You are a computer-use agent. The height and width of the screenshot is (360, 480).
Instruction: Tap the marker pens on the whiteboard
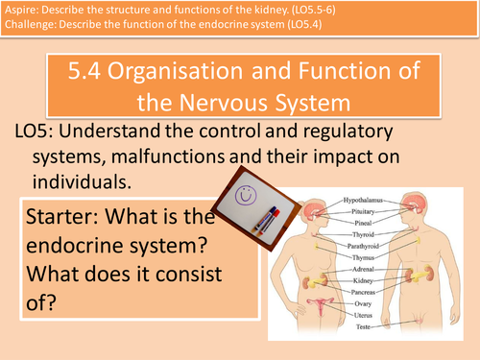click(263, 203)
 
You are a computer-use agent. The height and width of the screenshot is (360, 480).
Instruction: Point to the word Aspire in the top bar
click(23, 11)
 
